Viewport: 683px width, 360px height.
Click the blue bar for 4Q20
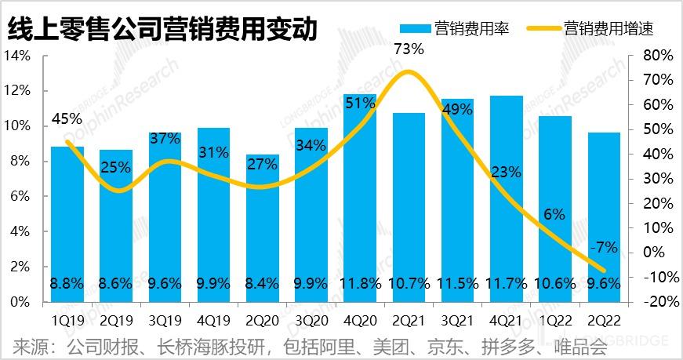(x=359, y=196)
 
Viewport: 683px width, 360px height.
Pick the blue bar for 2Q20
(x=262, y=227)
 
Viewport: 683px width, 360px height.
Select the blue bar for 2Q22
(x=603, y=212)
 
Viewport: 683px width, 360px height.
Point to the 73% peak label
(x=408, y=49)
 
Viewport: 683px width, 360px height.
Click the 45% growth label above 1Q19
(x=67, y=119)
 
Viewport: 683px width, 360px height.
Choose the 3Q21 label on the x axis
(x=456, y=320)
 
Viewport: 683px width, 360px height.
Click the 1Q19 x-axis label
(x=67, y=320)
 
